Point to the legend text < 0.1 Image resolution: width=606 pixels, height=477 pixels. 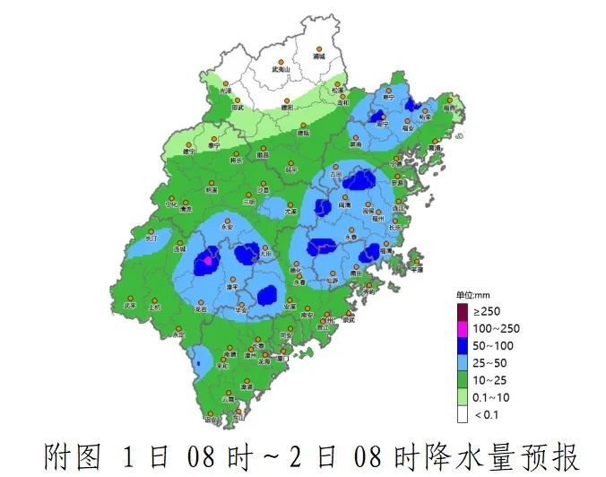484,414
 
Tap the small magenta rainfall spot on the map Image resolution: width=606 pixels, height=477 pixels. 208,260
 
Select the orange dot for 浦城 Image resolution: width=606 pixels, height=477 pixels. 318,48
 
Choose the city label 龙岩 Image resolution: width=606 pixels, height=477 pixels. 200,308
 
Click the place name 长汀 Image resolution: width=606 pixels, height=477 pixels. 151,239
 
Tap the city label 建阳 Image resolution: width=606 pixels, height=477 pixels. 287,108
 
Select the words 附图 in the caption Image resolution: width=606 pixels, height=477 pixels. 70,455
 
